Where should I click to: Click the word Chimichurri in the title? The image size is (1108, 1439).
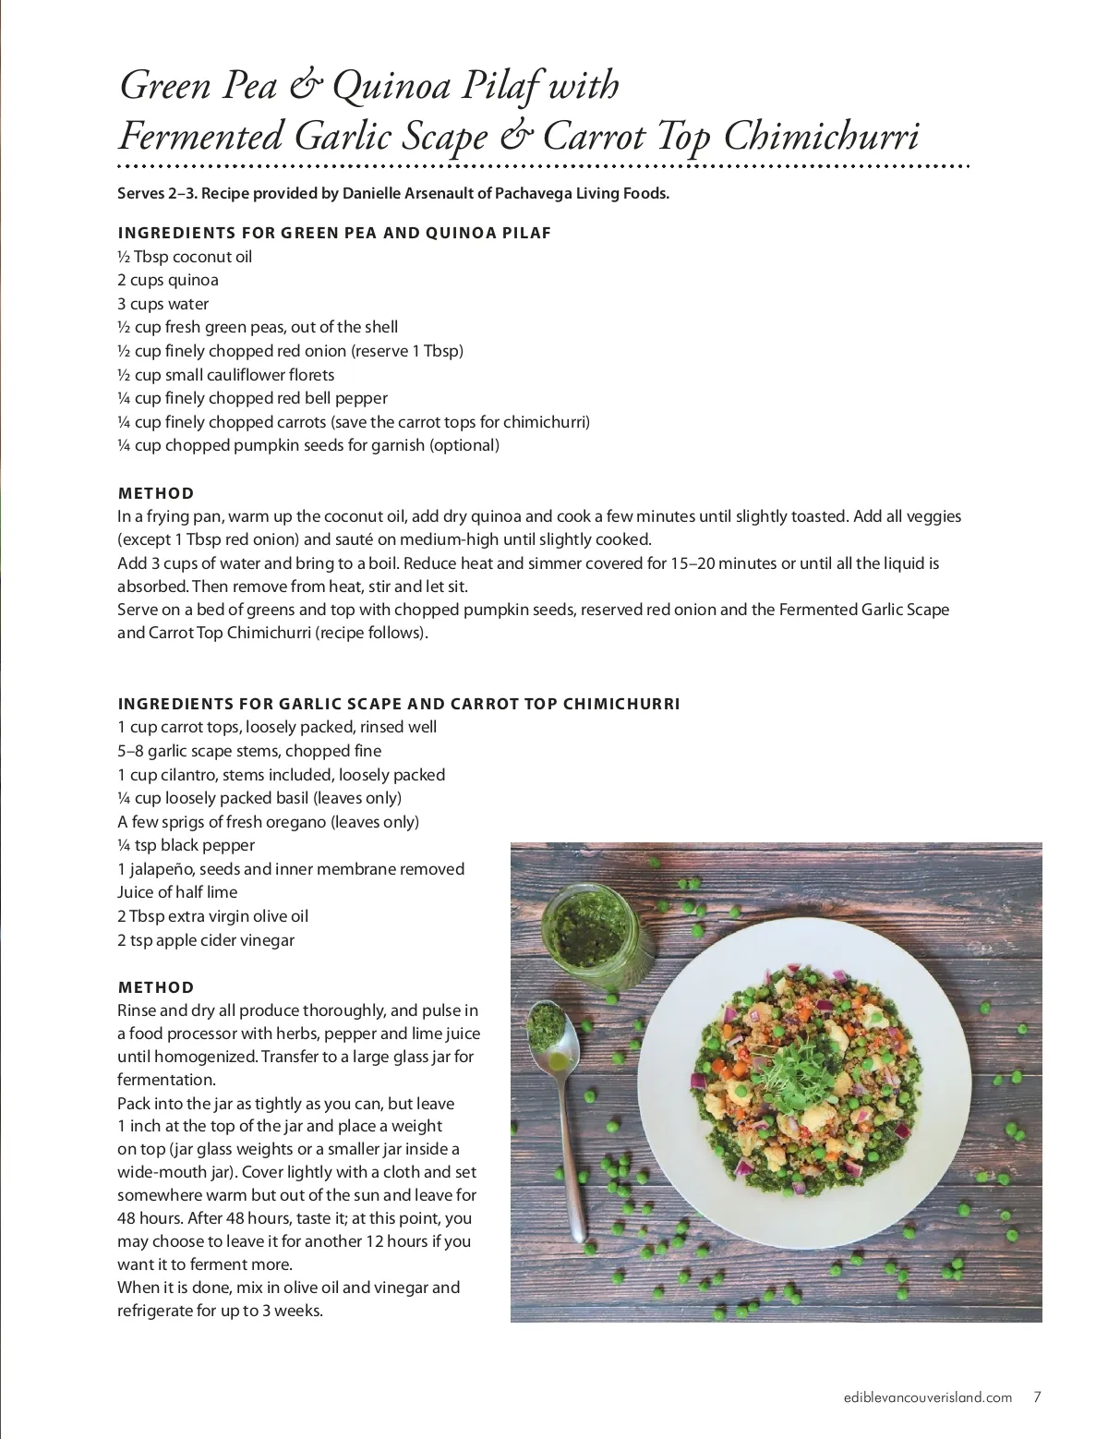(821, 137)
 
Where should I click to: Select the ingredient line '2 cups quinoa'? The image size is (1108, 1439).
(168, 280)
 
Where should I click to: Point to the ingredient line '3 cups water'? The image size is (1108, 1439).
(163, 304)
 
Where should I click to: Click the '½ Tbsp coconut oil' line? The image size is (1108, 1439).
(185, 257)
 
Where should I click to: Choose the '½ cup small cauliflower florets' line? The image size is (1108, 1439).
(226, 375)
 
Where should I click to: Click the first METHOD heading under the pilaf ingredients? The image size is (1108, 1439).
(156, 493)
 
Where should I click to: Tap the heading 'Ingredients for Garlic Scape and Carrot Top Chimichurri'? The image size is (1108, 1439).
(399, 704)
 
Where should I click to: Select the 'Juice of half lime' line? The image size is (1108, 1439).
(177, 892)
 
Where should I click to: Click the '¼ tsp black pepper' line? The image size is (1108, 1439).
(186, 845)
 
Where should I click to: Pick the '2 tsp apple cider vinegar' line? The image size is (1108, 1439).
(206, 940)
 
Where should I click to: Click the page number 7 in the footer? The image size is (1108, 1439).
(1038, 1397)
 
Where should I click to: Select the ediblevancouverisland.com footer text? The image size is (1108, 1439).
(928, 1397)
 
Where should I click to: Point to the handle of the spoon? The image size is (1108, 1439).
(575, 1173)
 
